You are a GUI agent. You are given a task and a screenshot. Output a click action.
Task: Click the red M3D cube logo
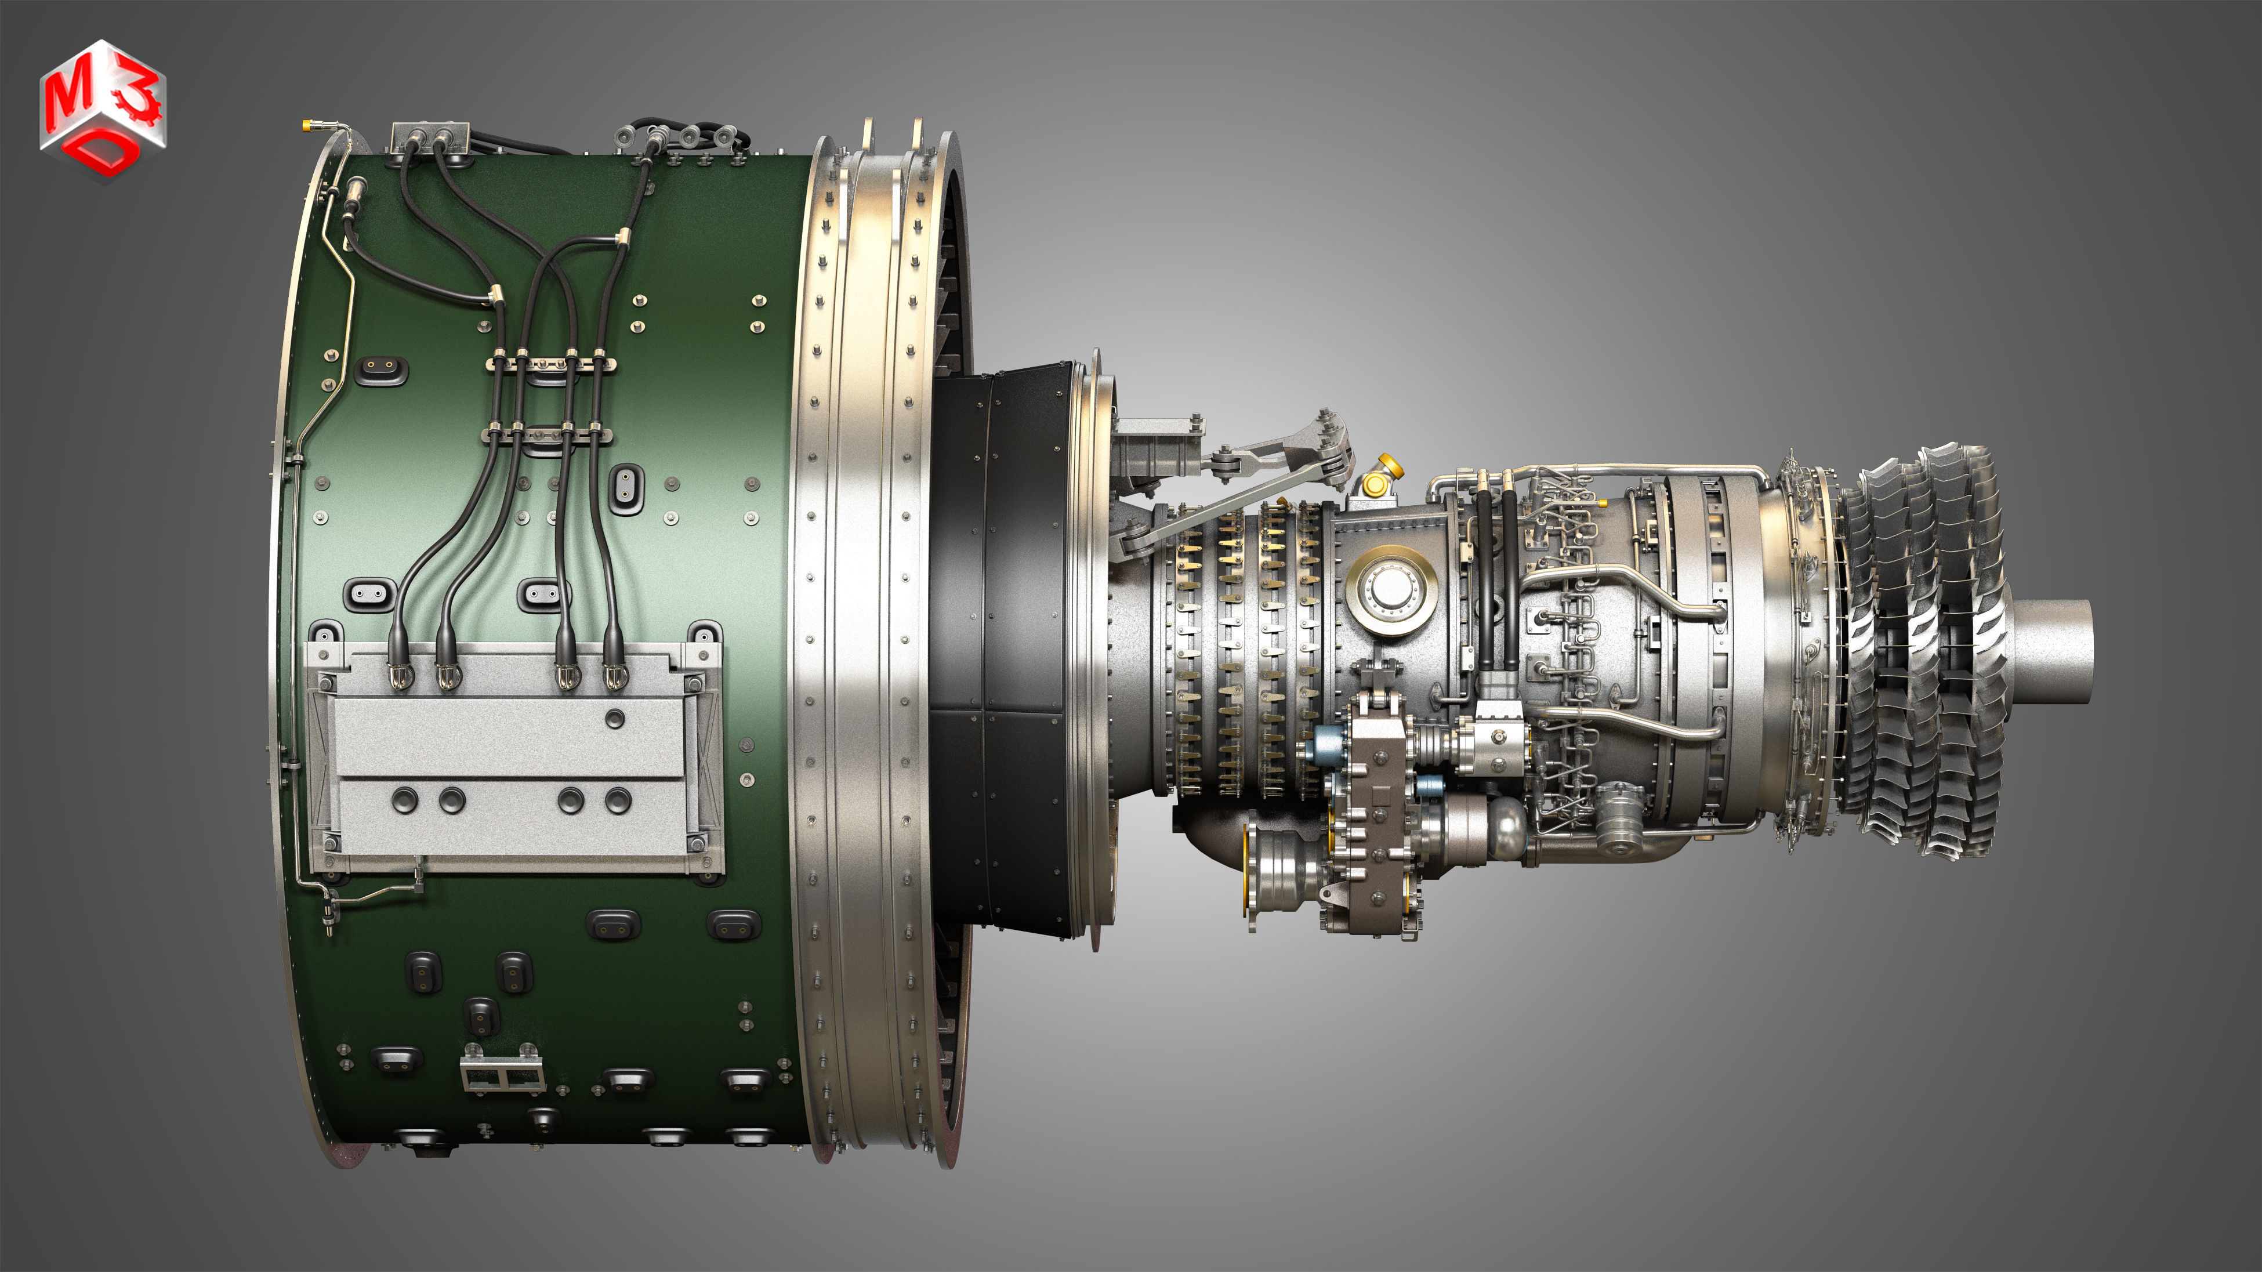(102, 110)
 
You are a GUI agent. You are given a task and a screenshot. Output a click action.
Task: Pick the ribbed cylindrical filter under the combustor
(1620, 821)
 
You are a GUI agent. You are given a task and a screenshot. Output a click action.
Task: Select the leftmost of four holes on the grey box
(404, 800)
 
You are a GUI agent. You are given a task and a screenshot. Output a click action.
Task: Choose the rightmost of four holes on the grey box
(618, 800)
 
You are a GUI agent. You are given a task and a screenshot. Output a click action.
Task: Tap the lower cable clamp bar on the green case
(546, 432)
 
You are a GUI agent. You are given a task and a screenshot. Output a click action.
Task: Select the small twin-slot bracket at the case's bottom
(501, 1072)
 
